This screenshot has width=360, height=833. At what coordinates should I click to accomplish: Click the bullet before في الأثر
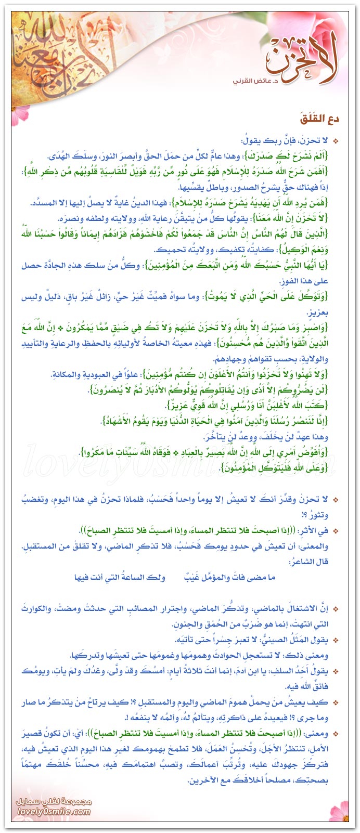pyautogui.click(x=336, y=531)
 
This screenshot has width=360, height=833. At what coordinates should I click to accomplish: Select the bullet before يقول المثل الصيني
pyautogui.click(x=336, y=640)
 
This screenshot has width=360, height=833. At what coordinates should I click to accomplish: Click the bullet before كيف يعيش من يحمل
pyautogui.click(x=336, y=702)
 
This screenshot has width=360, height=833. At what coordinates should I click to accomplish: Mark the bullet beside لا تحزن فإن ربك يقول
pyautogui.click(x=336, y=141)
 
